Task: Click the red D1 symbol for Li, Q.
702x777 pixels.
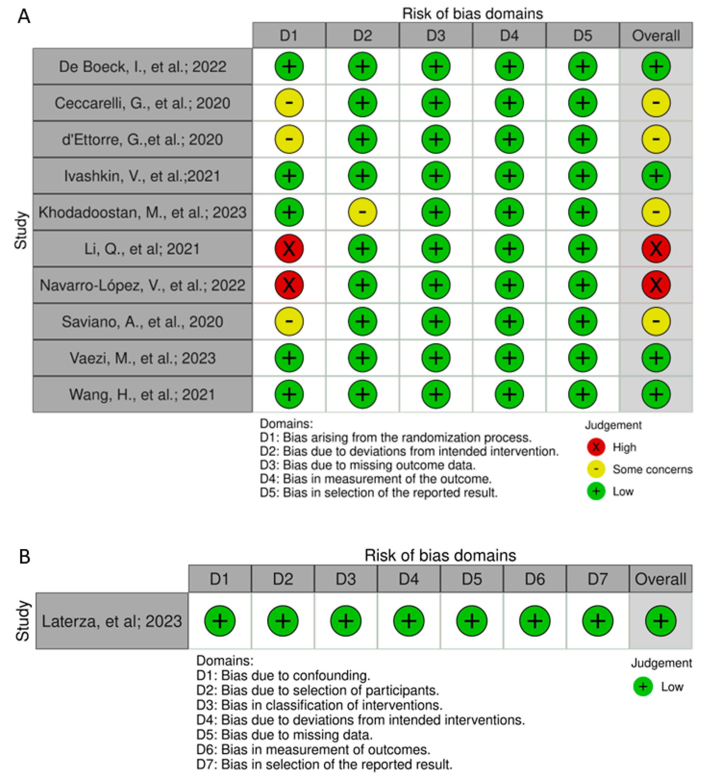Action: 289,249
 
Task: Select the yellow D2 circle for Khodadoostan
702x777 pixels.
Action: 362,212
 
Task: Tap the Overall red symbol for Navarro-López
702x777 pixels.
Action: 656,285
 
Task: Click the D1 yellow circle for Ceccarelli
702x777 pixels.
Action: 289,103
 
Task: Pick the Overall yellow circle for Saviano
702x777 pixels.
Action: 656,321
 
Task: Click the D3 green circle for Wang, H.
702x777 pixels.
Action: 436,394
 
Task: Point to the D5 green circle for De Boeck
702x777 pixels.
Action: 583,66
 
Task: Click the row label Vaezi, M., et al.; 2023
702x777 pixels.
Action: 142,358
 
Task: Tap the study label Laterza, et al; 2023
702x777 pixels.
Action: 112,621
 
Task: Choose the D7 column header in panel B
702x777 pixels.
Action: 598,579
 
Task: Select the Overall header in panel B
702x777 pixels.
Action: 660,579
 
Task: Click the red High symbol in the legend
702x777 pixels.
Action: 596,447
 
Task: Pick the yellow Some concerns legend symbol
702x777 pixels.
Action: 596,469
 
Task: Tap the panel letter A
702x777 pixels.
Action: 24,16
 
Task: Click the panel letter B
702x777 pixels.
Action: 25,557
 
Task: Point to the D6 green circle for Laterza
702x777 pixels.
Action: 534,621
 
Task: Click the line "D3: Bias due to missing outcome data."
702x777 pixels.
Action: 367,465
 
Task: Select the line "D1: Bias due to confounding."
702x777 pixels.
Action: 283,675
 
